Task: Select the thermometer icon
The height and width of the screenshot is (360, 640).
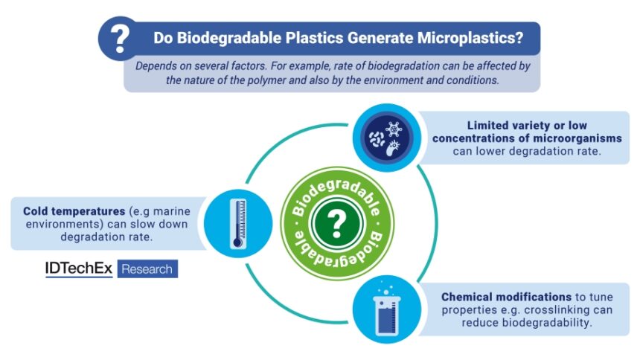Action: pos(236,221)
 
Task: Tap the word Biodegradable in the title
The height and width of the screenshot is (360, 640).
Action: pos(227,37)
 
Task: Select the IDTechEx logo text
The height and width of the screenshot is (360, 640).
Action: pos(79,269)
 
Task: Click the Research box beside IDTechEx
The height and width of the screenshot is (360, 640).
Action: pos(146,269)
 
